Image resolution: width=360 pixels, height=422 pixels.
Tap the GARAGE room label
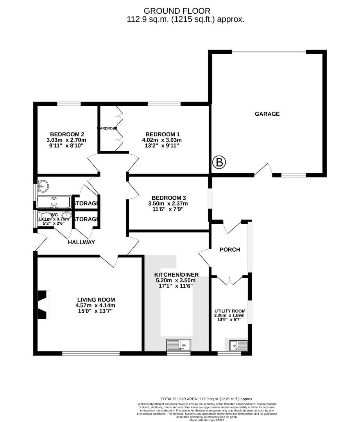tap(267, 114)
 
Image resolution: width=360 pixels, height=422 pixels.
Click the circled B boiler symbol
tap(219, 162)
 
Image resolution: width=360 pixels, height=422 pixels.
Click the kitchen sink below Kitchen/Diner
tap(179, 345)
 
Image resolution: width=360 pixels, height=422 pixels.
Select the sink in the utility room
tap(238, 345)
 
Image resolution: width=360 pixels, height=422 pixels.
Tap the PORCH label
tap(230, 250)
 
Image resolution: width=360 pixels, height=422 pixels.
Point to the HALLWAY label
tap(81, 242)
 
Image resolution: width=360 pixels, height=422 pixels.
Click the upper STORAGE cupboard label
tap(85, 204)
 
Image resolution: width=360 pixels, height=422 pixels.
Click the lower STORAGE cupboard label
tap(85, 219)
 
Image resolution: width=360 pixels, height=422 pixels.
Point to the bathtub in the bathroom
tap(54, 202)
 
